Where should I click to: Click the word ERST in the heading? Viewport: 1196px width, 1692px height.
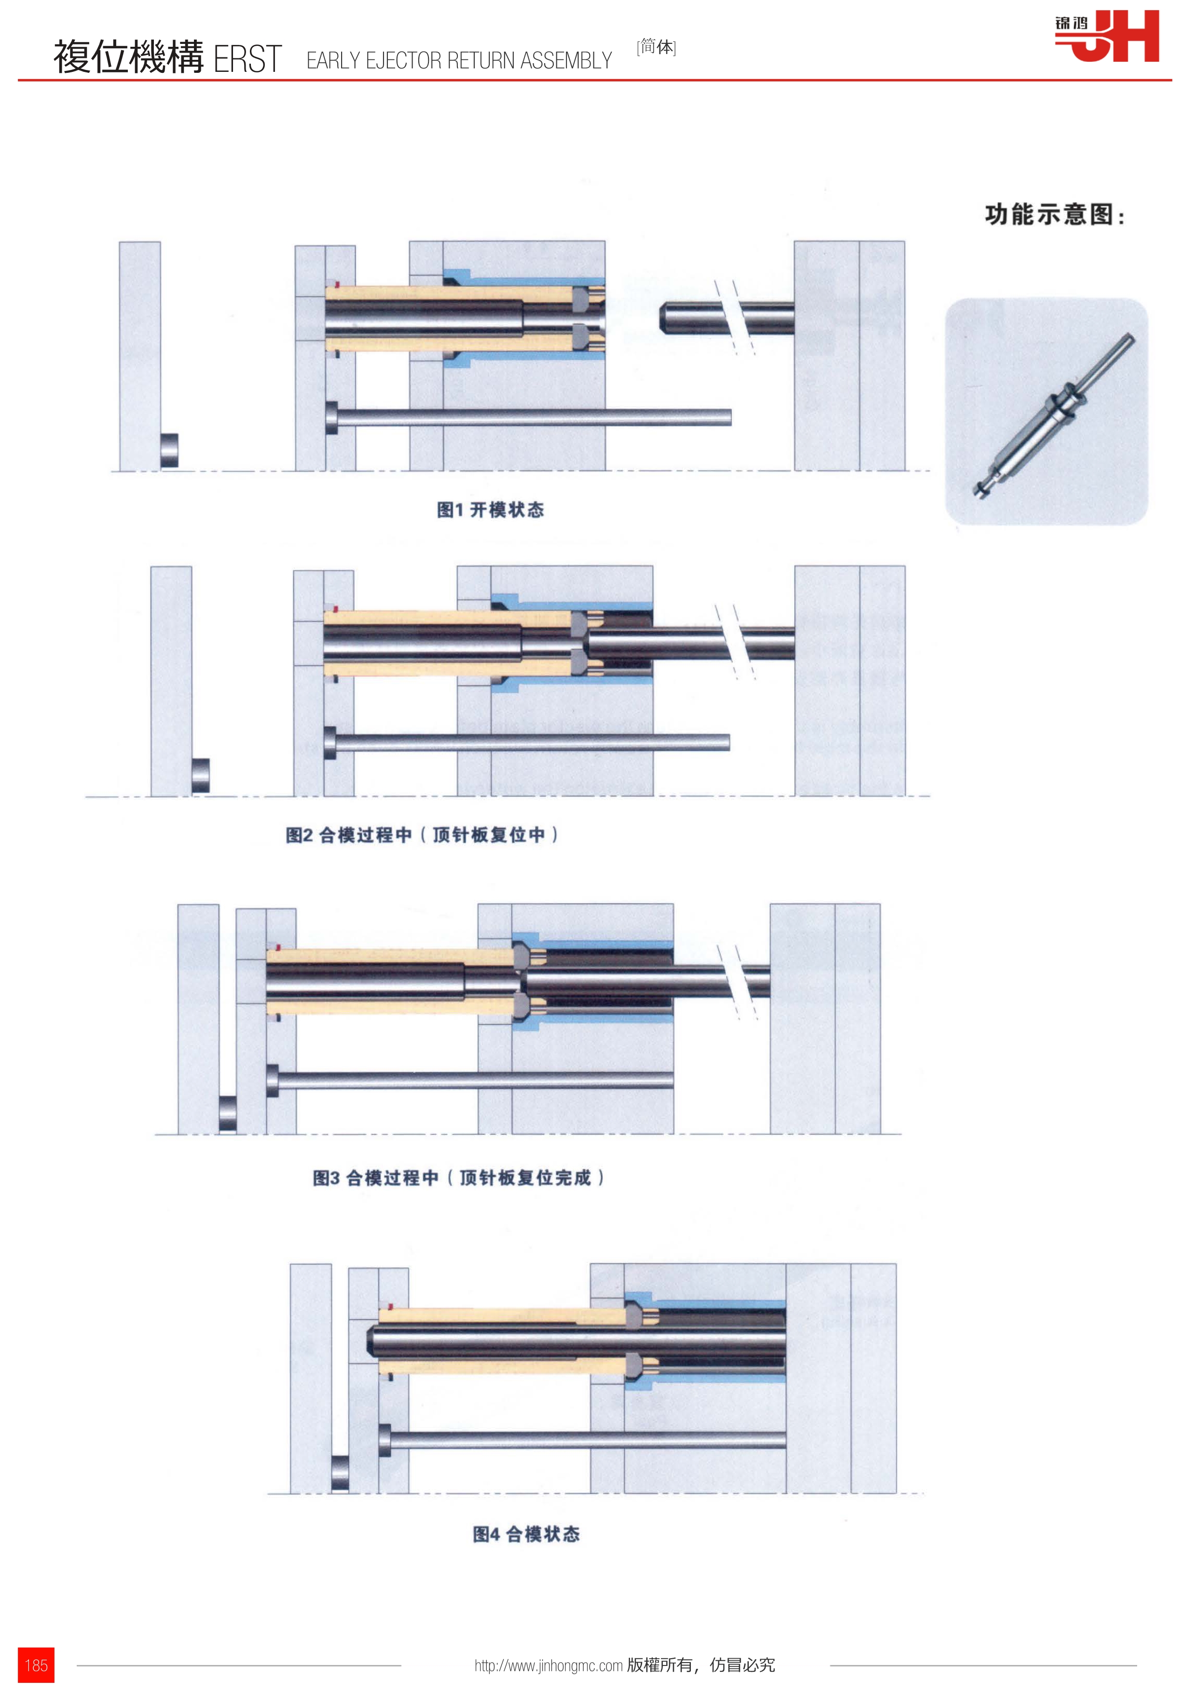[x=247, y=59]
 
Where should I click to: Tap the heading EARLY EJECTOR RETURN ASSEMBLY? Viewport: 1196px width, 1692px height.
[x=459, y=60]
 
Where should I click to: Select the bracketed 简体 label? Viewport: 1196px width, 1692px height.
[x=656, y=47]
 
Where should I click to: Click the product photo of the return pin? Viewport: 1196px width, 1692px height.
[x=1046, y=411]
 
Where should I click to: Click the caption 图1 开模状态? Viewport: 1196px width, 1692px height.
[x=490, y=509]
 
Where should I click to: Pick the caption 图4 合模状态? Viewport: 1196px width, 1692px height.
[x=526, y=1534]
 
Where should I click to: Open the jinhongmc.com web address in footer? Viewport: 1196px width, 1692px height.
[x=548, y=1665]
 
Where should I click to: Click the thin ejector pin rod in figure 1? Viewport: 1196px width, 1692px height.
[x=528, y=417]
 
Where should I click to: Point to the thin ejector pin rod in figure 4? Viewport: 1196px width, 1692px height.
[x=582, y=1440]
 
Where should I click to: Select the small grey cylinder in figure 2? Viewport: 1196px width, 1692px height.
[x=200, y=776]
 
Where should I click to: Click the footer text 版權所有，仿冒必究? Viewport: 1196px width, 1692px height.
[x=701, y=1665]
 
